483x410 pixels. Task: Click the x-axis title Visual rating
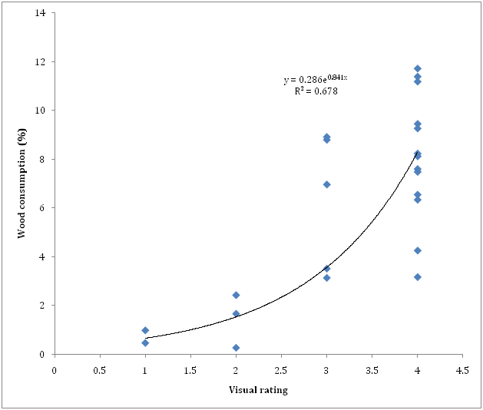point(258,389)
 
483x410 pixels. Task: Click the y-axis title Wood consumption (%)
point(24,184)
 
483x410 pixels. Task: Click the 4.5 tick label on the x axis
point(461,369)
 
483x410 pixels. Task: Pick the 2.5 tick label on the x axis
point(280,369)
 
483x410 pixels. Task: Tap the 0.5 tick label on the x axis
point(100,369)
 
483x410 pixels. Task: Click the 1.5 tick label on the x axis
point(190,369)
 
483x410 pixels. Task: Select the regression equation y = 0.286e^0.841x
point(316,78)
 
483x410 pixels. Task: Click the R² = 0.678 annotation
point(316,91)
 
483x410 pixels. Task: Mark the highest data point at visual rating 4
point(417,68)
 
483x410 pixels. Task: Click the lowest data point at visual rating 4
point(417,276)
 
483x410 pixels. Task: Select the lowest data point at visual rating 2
point(236,348)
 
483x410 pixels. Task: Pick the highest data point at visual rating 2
point(236,295)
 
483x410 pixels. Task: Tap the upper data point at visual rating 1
point(145,330)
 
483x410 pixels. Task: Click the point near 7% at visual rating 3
point(326,184)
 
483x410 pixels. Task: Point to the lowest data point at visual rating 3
point(326,277)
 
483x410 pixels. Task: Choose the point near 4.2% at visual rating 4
point(417,250)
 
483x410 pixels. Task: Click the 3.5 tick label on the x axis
point(371,369)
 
